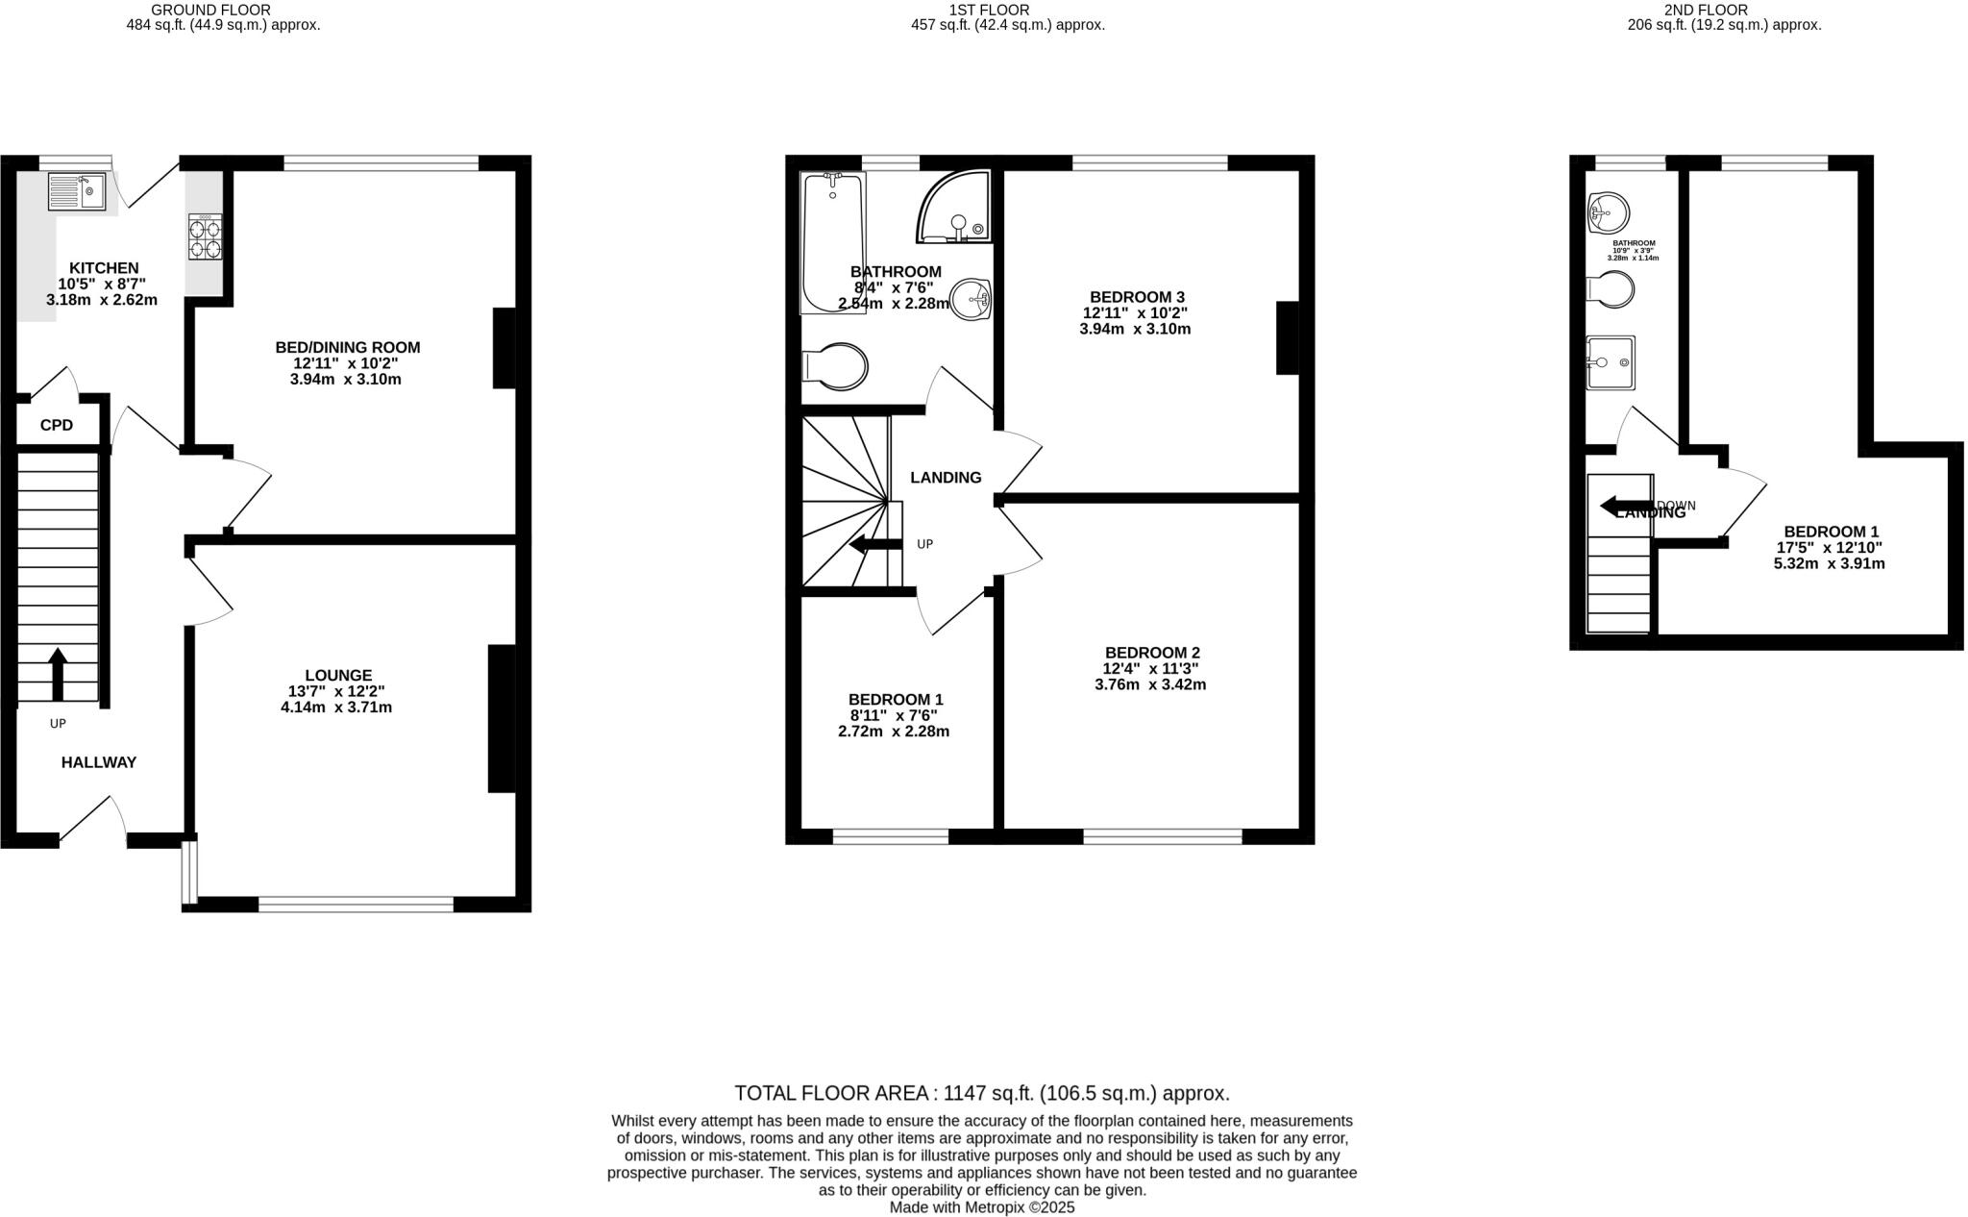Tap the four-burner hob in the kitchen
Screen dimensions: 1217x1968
[x=205, y=236]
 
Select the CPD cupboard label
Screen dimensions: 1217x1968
[x=57, y=425]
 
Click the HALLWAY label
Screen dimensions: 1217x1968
[x=99, y=762]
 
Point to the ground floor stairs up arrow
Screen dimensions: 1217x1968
[x=58, y=674]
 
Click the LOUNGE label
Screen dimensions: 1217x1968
[x=338, y=676]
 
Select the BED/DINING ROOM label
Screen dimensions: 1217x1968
[x=348, y=347]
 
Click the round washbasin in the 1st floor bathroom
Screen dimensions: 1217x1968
[x=971, y=298]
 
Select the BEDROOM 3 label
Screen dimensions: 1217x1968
[x=1137, y=297]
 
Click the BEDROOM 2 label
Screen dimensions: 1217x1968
[x=1152, y=653]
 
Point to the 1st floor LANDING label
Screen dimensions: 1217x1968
[x=946, y=478]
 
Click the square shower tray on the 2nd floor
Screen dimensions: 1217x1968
[x=1611, y=362]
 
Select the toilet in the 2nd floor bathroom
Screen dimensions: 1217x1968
[x=1611, y=287]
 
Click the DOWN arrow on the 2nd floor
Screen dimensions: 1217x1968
[x=1623, y=506]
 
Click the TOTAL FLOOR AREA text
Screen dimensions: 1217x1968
[x=982, y=1093]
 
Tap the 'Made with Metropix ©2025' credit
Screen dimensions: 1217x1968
[x=982, y=1207]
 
